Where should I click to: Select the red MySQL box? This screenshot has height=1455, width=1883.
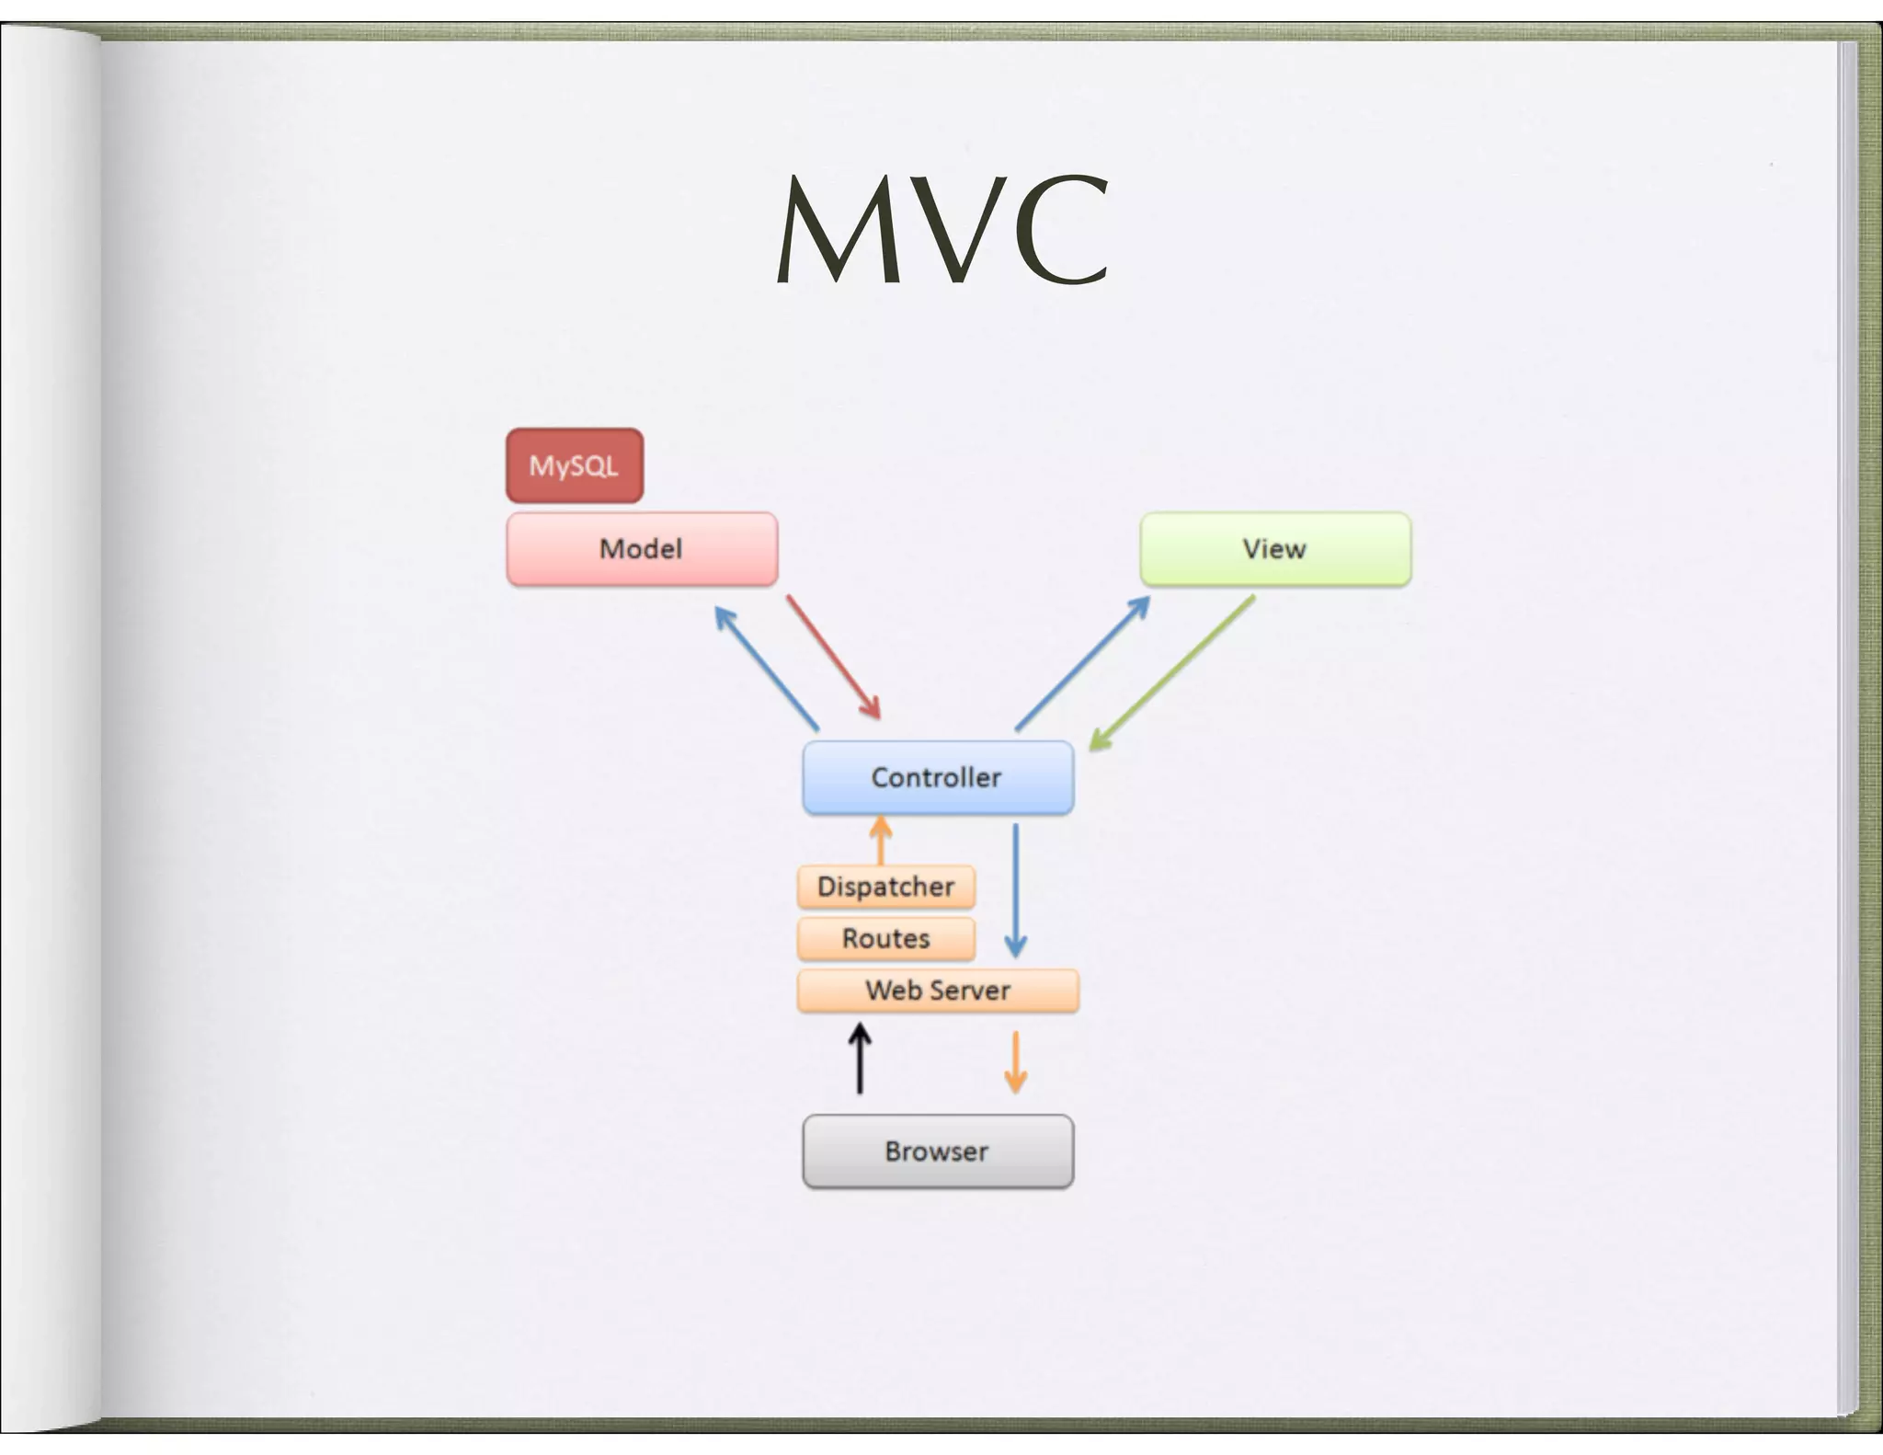coord(575,465)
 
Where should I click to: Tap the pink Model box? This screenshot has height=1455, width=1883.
coord(642,549)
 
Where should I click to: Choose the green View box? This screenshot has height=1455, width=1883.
coord(1275,549)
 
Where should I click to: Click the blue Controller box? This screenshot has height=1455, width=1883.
coord(938,777)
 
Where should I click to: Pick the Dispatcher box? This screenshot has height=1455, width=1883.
coord(886,887)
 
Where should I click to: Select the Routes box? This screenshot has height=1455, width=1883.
coord(886,938)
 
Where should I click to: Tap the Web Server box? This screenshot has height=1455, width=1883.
coord(938,991)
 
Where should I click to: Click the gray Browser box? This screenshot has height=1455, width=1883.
coord(938,1151)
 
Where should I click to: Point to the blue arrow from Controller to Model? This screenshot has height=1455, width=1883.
coord(767,669)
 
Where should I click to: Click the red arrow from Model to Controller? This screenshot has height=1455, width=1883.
coord(833,657)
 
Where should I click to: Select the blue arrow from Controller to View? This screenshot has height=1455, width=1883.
coord(1083,663)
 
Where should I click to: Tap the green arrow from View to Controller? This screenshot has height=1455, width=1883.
coord(1172,672)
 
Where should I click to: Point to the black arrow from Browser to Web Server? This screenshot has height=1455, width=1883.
coord(860,1060)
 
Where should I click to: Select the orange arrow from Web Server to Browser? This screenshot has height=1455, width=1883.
coord(1016,1062)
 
